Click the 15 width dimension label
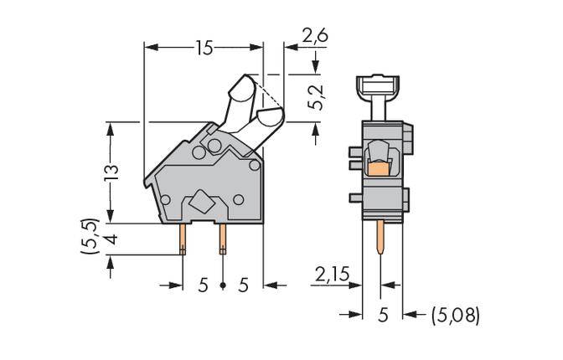coord(204,49)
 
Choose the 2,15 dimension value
coord(330,274)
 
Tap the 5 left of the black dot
coord(204,285)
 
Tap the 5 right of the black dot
coord(244,285)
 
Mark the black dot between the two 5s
coord(224,285)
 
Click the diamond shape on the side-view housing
coord(202,201)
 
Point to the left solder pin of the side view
coord(183,239)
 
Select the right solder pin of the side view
coord(223,239)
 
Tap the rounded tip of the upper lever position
coord(241,85)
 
